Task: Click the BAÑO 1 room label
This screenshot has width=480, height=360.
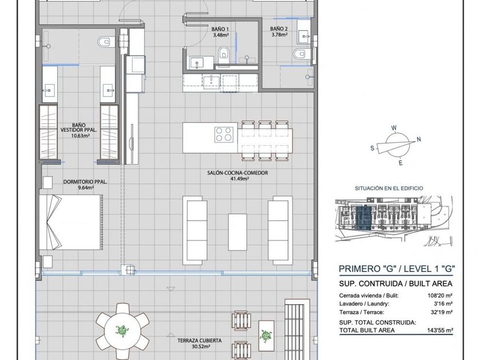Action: tap(220, 29)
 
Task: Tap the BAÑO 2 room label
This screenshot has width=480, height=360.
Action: tap(279, 29)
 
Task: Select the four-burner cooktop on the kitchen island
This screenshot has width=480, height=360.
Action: tap(223, 134)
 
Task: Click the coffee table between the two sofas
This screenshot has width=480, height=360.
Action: tap(237, 233)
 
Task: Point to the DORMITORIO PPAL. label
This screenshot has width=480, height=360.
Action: tap(85, 182)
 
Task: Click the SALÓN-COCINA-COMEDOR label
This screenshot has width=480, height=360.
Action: tap(238, 173)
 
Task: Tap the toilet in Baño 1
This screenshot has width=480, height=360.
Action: tap(224, 52)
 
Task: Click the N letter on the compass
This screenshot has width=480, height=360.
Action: tap(419, 139)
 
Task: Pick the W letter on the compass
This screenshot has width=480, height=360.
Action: tap(394, 128)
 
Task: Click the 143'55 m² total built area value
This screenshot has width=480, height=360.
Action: tap(440, 330)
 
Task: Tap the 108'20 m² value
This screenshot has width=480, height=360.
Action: tap(440, 296)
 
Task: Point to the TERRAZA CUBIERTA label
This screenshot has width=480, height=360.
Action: tap(199, 341)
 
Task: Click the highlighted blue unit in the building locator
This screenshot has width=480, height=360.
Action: tap(364, 218)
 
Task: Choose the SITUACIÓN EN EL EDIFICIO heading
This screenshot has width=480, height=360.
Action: tap(389, 188)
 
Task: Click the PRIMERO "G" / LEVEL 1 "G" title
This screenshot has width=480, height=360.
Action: tap(397, 269)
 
